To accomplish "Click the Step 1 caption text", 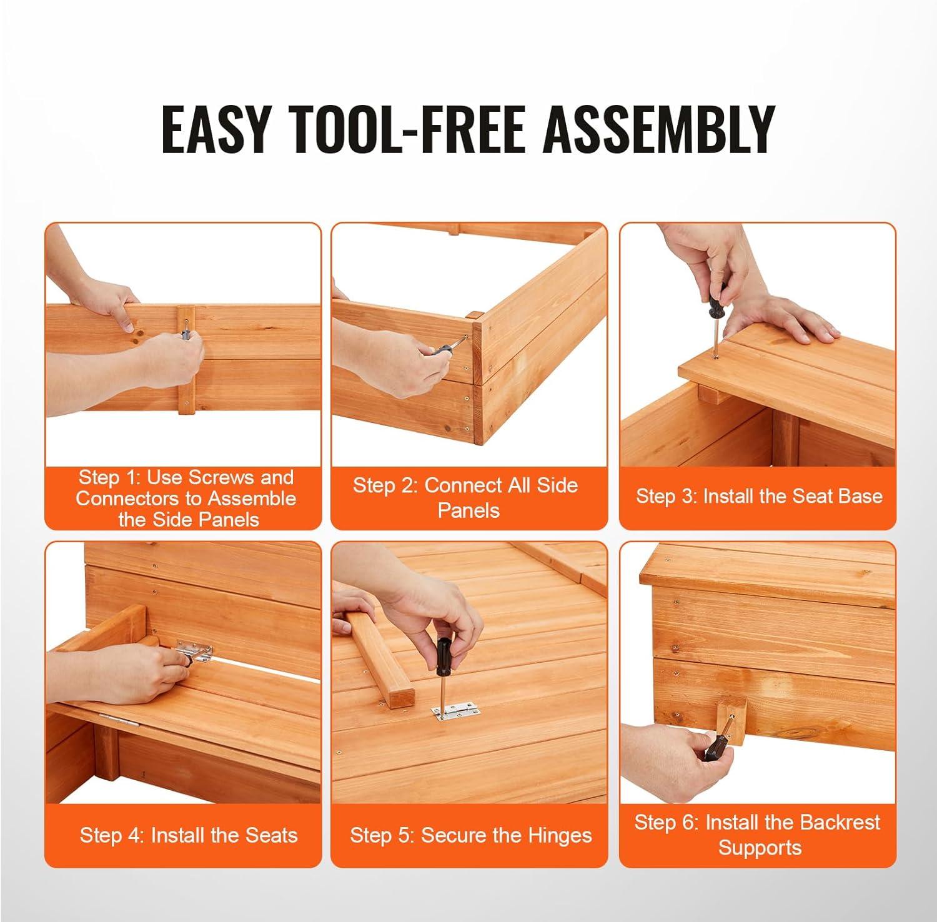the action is coord(186,498).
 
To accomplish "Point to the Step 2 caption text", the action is coord(465,497).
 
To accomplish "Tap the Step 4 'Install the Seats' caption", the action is coord(189,835).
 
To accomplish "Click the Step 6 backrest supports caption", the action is coord(757,835).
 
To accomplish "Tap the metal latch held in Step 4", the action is coord(193,652).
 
